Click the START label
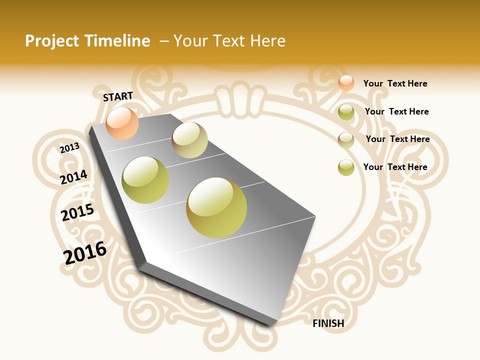(x=118, y=96)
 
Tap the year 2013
(x=69, y=148)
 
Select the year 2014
(x=73, y=177)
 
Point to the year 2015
(x=77, y=212)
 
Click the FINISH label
(x=328, y=323)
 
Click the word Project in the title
(x=52, y=41)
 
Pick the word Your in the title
(x=190, y=41)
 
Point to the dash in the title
(x=164, y=41)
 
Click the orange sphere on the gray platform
(x=122, y=123)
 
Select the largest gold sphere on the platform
(x=216, y=207)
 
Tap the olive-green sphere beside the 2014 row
(x=145, y=180)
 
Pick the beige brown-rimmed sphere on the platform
(x=189, y=140)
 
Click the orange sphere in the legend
(x=346, y=83)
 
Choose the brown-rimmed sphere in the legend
(x=346, y=140)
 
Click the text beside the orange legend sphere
(x=395, y=83)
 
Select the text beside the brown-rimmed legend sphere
(x=397, y=139)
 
